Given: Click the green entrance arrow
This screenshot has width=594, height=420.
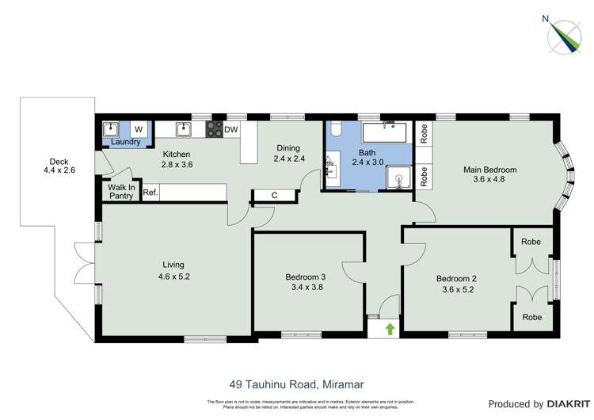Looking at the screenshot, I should tap(390, 327).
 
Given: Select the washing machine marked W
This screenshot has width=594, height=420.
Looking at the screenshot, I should tap(138, 129).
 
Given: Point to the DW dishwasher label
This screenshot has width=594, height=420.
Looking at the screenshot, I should tap(231, 129).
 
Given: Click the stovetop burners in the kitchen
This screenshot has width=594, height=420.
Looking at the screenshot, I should tap(214, 129).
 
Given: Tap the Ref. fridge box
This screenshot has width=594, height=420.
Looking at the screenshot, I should tap(149, 193).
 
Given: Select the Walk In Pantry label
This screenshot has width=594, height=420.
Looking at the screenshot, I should tap(121, 191).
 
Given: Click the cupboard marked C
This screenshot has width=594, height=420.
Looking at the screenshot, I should tap(274, 195).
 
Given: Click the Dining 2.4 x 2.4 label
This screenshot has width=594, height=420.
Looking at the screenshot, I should tap(287, 153).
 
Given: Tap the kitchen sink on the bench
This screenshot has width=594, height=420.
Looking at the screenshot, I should tap(184, 128).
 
